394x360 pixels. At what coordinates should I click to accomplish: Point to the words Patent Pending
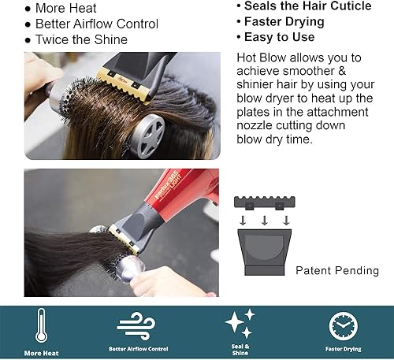[337, 270]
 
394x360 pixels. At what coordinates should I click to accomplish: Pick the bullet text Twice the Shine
[82, 39]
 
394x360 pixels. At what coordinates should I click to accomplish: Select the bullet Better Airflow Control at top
[97, 24]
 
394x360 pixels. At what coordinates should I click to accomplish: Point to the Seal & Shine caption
[241, 348]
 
